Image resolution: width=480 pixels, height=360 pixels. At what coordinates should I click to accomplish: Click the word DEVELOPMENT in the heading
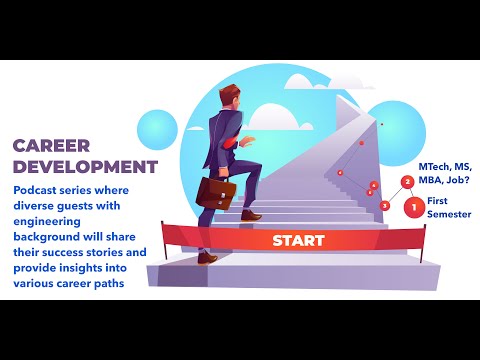coord(85,165)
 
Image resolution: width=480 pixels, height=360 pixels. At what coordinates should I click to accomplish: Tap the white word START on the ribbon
coord(298,240)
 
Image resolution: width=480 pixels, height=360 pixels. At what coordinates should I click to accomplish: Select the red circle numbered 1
coord(414,207)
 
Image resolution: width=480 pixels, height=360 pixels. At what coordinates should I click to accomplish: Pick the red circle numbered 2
coord(407,182)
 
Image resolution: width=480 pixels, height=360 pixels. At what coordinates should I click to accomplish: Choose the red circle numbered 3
coord(386,205)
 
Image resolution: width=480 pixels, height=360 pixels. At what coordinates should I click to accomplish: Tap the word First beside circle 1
coord(438,202)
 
